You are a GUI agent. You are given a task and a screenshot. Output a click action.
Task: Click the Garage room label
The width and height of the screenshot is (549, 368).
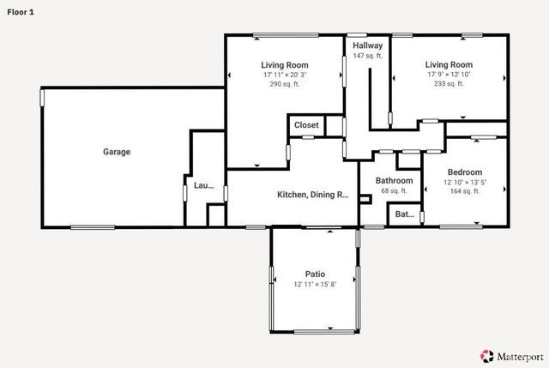tap(117, 152)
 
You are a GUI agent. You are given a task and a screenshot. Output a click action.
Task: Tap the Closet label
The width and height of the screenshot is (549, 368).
tap(306, 125)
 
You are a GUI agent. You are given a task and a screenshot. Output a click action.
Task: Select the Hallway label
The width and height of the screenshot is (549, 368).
tap(368, 45)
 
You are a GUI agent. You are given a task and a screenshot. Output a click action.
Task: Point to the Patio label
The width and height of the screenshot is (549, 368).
tap(315, 274)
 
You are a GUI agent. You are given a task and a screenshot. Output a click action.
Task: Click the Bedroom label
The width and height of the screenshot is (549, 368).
tap(465, 172)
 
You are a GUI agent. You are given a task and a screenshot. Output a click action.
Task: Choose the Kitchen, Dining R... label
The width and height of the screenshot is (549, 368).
tap(312, 195)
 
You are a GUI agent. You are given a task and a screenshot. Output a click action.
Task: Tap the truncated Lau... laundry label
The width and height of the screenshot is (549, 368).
tap(204, 185)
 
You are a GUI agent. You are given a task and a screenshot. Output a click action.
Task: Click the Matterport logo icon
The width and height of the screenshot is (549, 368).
tap(487, 356)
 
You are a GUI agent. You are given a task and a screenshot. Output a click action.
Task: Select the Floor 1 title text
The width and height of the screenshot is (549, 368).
tap(21, 12)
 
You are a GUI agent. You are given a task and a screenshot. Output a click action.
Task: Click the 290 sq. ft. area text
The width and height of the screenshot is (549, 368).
tap(285, 84)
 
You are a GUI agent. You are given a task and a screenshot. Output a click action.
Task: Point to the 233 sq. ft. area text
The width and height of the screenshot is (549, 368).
tap(449, 84)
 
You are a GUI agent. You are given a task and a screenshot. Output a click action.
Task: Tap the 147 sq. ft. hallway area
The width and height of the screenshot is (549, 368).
tap(368, 56)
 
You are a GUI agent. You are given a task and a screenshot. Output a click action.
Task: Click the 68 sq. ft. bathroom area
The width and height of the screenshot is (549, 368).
tap(395, 190)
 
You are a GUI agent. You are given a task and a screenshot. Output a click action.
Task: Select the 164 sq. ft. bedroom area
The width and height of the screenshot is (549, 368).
tap(465, 191)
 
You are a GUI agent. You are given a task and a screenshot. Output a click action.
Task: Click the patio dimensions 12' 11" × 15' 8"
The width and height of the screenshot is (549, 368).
tap(315, 284)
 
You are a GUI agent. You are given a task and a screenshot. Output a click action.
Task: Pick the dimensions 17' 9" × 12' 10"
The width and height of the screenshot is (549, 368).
tap(449, 75)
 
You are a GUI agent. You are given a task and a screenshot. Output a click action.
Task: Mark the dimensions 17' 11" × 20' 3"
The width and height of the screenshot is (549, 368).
tap(285, 75)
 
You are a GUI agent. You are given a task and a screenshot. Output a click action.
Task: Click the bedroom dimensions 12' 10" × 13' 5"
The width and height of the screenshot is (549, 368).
tap(465, 182)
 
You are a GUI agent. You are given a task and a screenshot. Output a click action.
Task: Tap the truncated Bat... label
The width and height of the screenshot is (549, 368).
tap(404, 214)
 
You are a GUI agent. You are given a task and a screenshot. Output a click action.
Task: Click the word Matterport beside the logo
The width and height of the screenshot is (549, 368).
tap(521, 357)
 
